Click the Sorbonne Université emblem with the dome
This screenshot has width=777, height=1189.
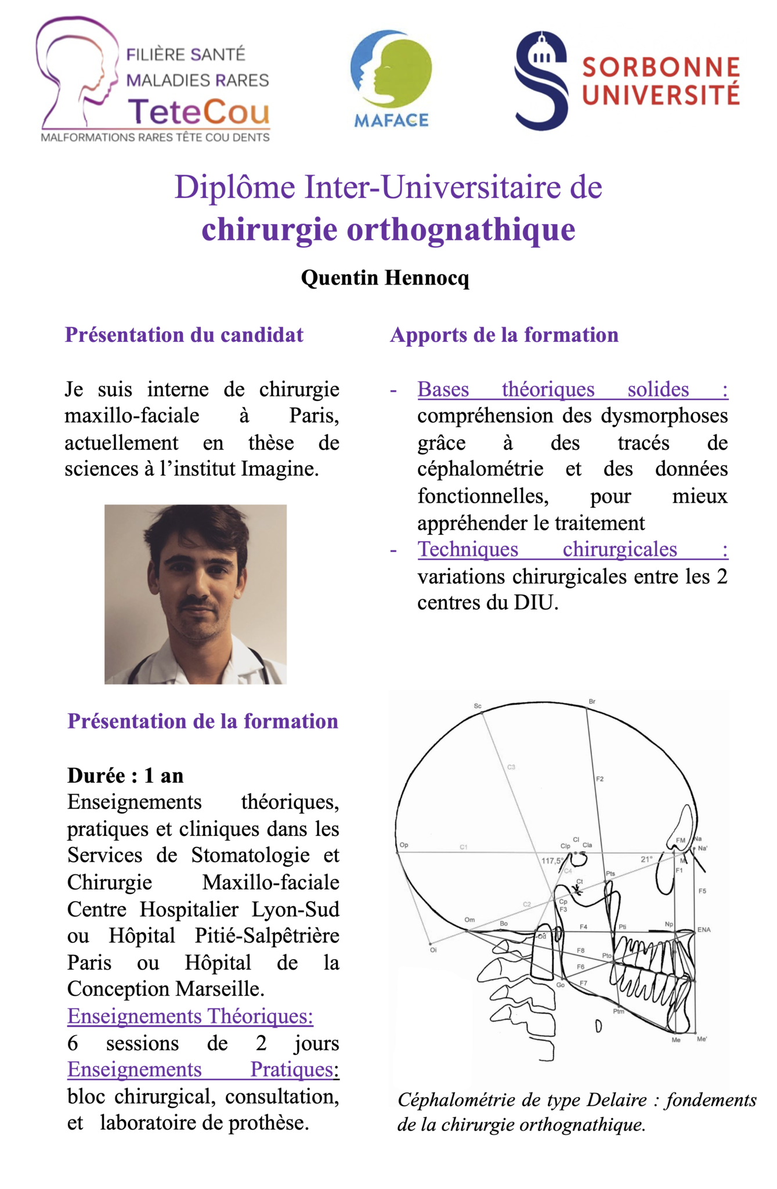pyautogui.click(x=541, y=81)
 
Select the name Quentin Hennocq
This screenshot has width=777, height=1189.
pyautogui.click(x=385, y=278)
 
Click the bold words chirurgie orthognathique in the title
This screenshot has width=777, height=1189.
pyautogui.click(x=388, y=229)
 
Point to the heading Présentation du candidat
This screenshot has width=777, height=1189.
pyautogui.click(x=184, y=335)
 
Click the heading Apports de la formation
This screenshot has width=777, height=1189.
pyautogui.click(x=504, y=335)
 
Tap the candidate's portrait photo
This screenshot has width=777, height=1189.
pyautogui.click(x=196, y=594)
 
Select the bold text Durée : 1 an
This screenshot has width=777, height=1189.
pyautogui.click(x=125, y=775)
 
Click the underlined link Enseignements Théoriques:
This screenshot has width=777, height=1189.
pyautogui.click(x=190, y=1016)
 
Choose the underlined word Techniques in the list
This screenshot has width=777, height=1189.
pyautogui.click(x=468, y=549)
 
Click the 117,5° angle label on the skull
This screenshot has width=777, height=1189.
pyautogui.click(x=552, y=860)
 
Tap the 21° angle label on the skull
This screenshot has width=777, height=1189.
pyautogui.click(x=646, y=859)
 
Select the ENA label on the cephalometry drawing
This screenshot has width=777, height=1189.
pyautogui.click(x=704, y=929)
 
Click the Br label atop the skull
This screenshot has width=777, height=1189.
pyautogui.click(x=592, y=701)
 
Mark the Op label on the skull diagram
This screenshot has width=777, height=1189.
pyautogui.click(x=404, y=845)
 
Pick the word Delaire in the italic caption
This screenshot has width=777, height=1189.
pyautogui.click(x=616, y=1100)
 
